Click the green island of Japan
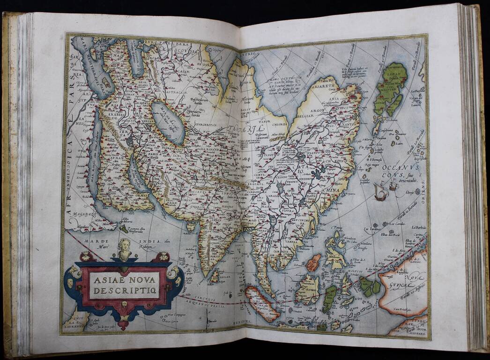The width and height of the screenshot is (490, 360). click(x=390, y=89)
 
